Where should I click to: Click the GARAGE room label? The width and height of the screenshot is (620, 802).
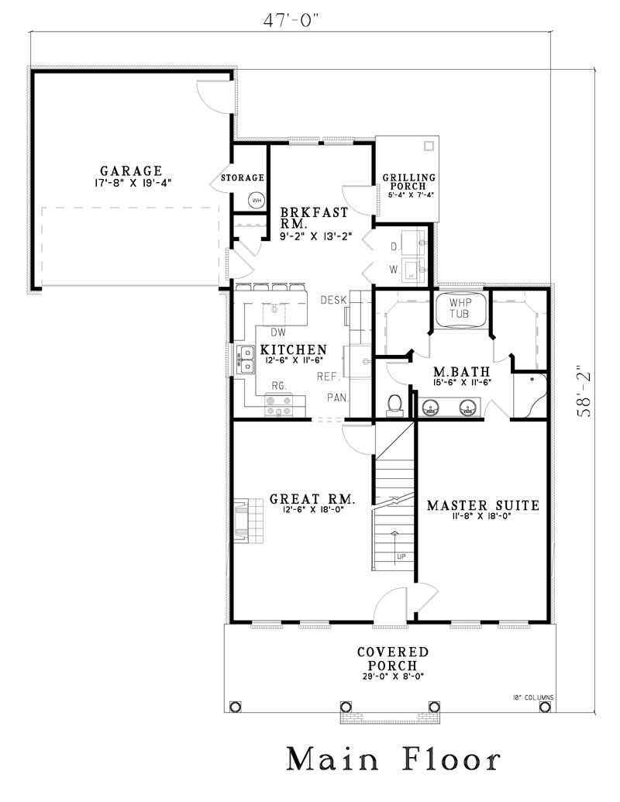(131, 170)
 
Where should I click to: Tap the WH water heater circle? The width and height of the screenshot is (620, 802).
(256, 201)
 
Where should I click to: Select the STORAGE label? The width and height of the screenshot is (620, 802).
(243, 177)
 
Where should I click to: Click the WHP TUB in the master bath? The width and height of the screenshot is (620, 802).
(462, 312)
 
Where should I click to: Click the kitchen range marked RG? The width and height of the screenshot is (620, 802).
(278, 403)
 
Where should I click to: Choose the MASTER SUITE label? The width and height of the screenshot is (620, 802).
(483, 505)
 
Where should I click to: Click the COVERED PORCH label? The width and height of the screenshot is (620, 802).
(392, 659)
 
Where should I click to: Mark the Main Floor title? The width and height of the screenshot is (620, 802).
(394, 760)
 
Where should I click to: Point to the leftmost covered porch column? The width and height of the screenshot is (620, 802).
(236, 706)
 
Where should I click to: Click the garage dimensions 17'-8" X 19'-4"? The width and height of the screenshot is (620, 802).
(131, 184)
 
